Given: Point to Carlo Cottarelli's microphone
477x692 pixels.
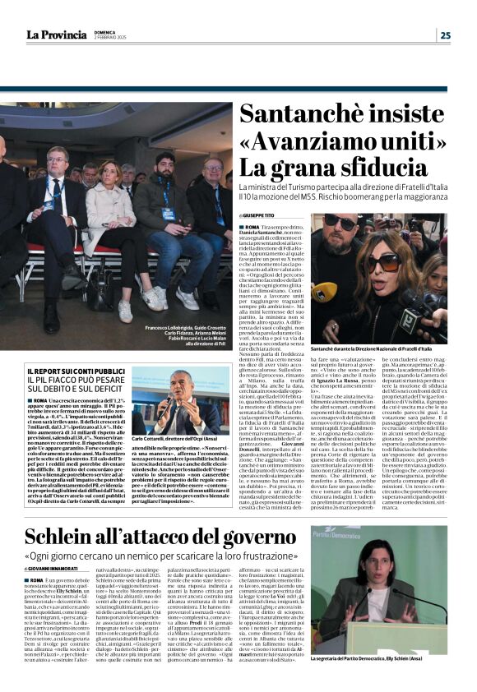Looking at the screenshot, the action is (164, 404).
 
